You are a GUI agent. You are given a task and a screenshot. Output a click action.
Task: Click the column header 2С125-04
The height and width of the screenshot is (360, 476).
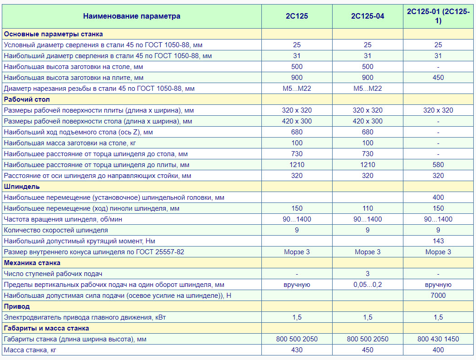coord(368,16)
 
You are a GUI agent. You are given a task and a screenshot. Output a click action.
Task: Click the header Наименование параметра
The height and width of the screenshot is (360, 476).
coord(132,16)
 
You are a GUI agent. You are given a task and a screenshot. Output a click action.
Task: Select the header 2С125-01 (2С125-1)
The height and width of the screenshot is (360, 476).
coord(438,16)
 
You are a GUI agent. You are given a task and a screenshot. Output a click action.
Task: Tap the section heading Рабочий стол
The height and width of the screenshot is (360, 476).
coord(27,99)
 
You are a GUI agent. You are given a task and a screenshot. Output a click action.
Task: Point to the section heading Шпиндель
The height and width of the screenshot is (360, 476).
coord(22,187)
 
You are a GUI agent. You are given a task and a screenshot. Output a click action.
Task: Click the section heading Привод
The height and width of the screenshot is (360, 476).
coord(17,306)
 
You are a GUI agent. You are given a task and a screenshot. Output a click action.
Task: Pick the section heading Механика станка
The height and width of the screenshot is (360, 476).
coord(32,263)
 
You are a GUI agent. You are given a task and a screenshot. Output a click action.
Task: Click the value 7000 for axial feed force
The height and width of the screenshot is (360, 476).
coord(438,296)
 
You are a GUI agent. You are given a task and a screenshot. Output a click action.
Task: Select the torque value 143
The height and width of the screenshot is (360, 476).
coord(438,241)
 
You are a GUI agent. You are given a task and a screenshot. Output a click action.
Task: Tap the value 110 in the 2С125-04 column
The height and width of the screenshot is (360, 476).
coord(368,208)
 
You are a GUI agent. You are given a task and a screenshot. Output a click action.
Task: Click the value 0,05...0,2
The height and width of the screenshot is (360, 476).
coord(368,285)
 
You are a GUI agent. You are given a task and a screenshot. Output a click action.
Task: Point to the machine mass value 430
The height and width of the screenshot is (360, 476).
coord(297,350)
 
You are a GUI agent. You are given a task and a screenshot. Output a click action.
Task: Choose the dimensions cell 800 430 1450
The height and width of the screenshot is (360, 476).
coord(438,339)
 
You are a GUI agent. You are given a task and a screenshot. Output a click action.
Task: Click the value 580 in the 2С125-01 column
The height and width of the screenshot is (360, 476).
coord(438,165)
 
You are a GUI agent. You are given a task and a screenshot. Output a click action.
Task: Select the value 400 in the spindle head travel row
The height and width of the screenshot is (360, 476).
coord(438,197)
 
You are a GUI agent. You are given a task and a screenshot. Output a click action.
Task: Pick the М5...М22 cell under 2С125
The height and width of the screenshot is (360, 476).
coord(297,89)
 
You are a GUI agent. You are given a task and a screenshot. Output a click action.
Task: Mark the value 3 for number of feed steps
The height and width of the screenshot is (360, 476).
coord(368,274)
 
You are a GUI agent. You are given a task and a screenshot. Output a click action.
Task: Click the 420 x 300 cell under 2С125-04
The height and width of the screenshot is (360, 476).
coord(368,121)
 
